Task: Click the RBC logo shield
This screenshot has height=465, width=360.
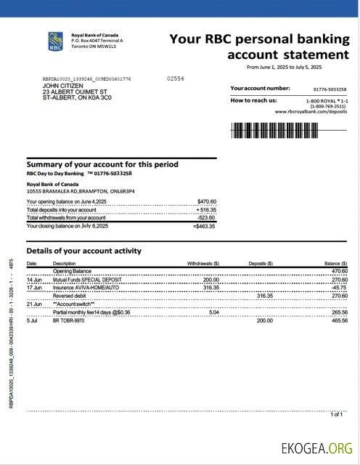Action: [54, 41]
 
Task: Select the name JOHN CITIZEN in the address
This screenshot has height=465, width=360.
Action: [62, 86]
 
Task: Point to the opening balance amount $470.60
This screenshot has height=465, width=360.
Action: [206, 201]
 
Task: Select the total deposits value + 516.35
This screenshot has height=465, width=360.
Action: [206, 209]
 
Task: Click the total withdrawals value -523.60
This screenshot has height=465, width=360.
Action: [206, 217]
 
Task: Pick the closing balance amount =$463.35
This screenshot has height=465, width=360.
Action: [205, 226]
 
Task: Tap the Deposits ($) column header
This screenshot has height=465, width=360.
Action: [261, 263]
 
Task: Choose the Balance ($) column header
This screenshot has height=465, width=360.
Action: [335, 263]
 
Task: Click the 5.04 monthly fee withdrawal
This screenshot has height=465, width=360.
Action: [213, 312]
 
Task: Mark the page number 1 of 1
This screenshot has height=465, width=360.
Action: [336, 414]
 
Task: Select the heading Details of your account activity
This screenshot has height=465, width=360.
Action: [83, 251]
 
